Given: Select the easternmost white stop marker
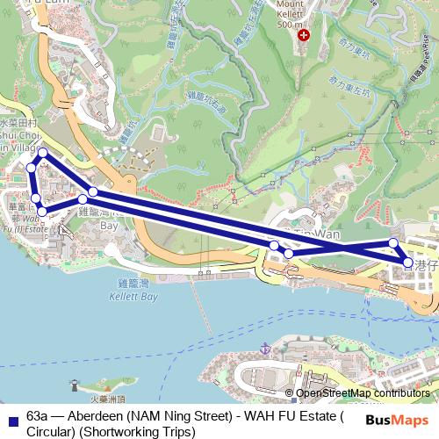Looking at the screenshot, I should click(408, 263).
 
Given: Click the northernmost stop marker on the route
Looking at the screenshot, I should click(42, 153).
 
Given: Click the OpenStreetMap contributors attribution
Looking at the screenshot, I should click(362, 393).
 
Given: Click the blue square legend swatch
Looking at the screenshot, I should click(11, 419).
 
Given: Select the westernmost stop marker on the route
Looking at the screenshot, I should click(30, 168).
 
